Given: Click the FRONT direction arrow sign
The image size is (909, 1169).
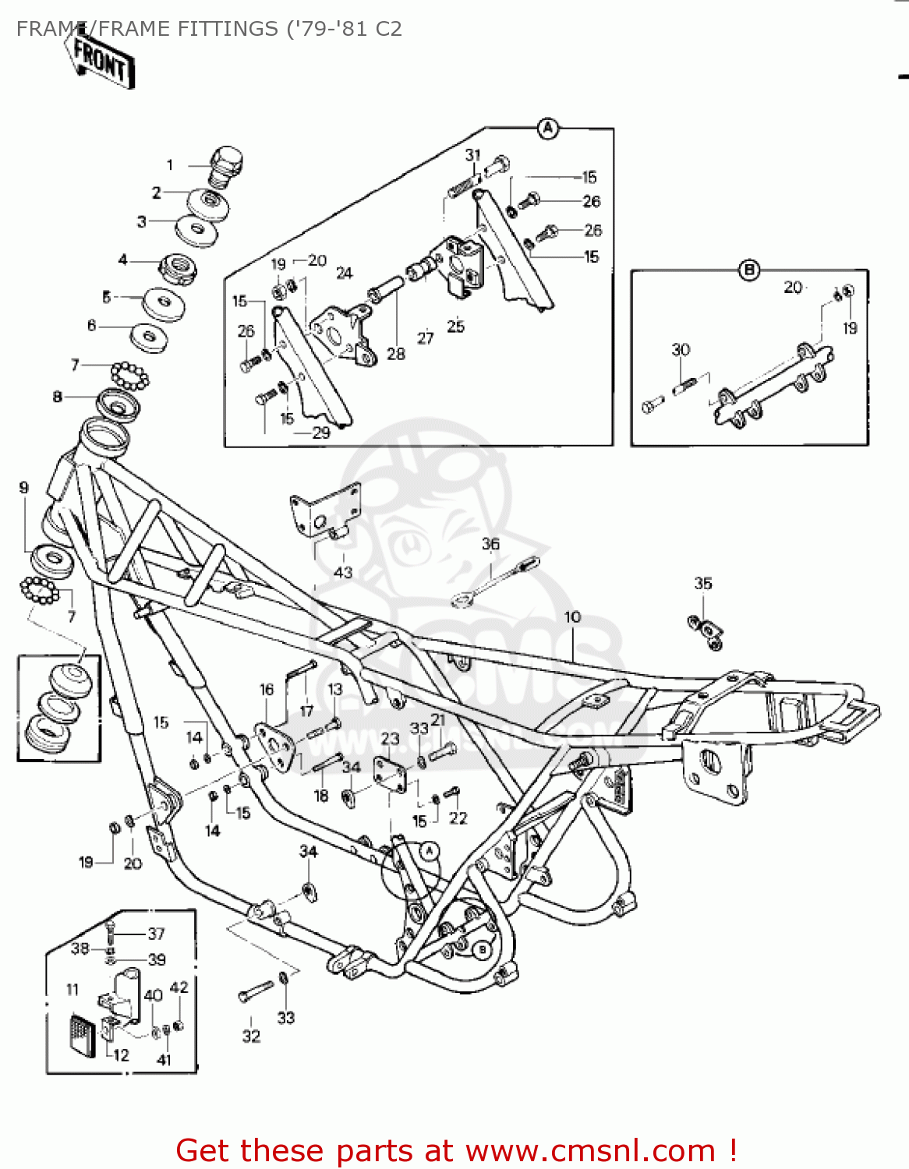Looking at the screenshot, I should tap(100, 59).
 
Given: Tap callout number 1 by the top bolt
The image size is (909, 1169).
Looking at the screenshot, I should tap(170, 164).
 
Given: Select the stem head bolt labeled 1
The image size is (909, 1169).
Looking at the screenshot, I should tap(227, 164).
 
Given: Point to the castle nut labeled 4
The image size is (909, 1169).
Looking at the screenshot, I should tap(178, 267).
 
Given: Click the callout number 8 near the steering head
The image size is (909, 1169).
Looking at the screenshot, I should tap(57, 397).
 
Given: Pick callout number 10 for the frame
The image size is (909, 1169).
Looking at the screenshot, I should tap(573, 616).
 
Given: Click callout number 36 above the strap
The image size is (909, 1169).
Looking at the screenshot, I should tap(490, 544).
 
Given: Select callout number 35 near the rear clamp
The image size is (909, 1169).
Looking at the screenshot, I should tap(703, 583).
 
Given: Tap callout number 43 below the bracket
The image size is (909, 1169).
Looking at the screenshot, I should tap(343, 572).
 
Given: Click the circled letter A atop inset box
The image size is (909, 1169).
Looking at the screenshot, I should tap(549, 128).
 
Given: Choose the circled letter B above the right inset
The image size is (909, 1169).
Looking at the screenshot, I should tap(749, 270).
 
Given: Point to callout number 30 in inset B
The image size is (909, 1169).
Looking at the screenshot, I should tap(681, 349).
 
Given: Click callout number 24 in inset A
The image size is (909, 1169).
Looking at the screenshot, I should tap(344, 273).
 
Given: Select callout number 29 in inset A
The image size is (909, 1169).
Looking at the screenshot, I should tap(321, 433).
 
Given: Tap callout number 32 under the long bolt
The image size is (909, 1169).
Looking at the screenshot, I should tap(251, 1036).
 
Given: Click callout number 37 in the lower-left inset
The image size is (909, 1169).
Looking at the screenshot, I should tap(157, 933).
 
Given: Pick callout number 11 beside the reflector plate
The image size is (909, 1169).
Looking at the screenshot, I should tap(73, 989).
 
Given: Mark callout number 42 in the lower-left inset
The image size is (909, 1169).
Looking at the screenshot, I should tap(179, 987).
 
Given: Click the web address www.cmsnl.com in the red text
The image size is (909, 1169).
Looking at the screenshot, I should tap(590, 1150).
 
